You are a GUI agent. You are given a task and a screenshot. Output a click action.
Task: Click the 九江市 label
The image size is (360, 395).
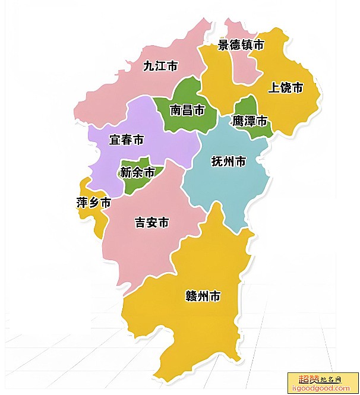[160, 66]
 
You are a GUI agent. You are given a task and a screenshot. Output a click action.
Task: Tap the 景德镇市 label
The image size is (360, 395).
[241, 45]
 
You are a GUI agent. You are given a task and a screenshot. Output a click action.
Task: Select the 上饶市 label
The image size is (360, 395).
[286, 88]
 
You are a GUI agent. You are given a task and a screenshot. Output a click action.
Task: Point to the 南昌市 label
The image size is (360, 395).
[187, 110]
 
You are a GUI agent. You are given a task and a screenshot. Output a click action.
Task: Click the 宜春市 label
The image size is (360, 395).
[127, 140]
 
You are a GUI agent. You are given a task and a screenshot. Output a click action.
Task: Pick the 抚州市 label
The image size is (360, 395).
[229, 161]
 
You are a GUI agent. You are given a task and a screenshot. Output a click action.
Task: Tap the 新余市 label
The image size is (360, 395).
[137, 172]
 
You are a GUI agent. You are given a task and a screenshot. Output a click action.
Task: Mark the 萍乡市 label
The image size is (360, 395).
[94, 203]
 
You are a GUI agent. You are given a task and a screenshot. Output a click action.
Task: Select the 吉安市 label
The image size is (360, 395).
[152, 223]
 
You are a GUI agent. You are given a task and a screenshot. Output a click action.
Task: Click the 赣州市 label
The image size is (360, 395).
[203, 296]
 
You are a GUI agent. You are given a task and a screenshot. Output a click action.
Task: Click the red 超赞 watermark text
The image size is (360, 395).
[309, 379]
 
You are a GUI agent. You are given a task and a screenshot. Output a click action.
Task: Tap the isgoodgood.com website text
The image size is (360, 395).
[323, 388]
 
